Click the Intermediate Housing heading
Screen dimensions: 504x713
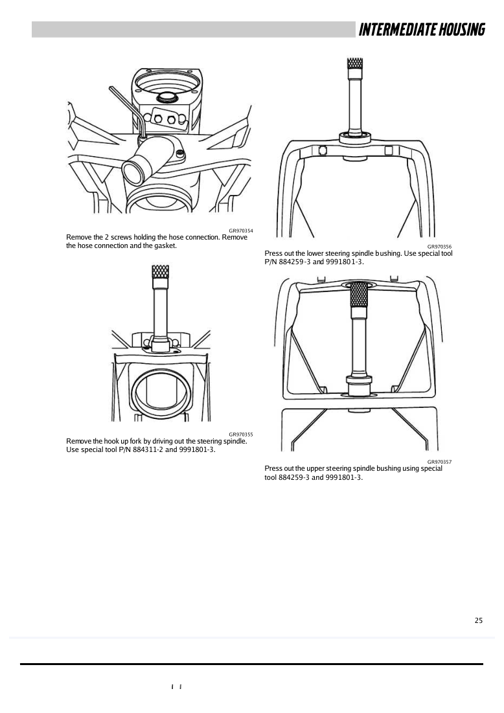tap(422, 30)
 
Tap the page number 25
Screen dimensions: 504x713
tap(479, 620)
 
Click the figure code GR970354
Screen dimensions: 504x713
tap(240, 231)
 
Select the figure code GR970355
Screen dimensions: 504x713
tap(240, 435)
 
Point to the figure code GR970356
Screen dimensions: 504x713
tap(439, 247)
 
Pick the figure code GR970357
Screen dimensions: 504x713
tap(439, 462)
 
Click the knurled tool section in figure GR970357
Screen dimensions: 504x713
tap(359, 294)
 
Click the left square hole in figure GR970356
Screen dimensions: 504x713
tap(323, 150)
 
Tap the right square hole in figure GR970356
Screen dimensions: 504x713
tap(389, 150)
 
